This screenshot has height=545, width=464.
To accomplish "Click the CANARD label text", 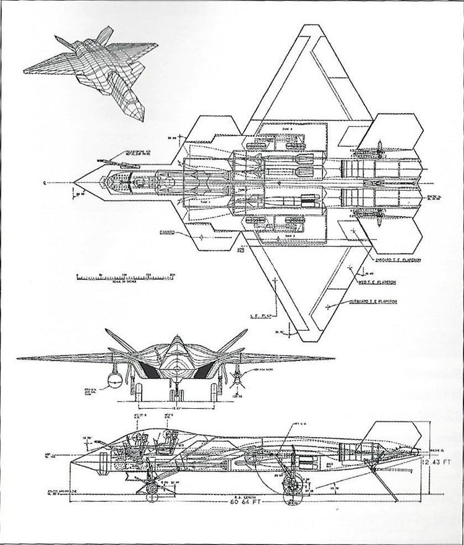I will point(165,233).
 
